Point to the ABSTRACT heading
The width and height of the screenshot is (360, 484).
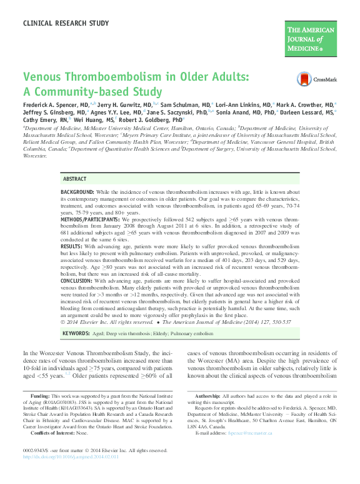[75, 179]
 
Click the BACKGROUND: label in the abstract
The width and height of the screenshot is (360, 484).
[77, 191]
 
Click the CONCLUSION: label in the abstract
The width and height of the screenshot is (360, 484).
[76, 282]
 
